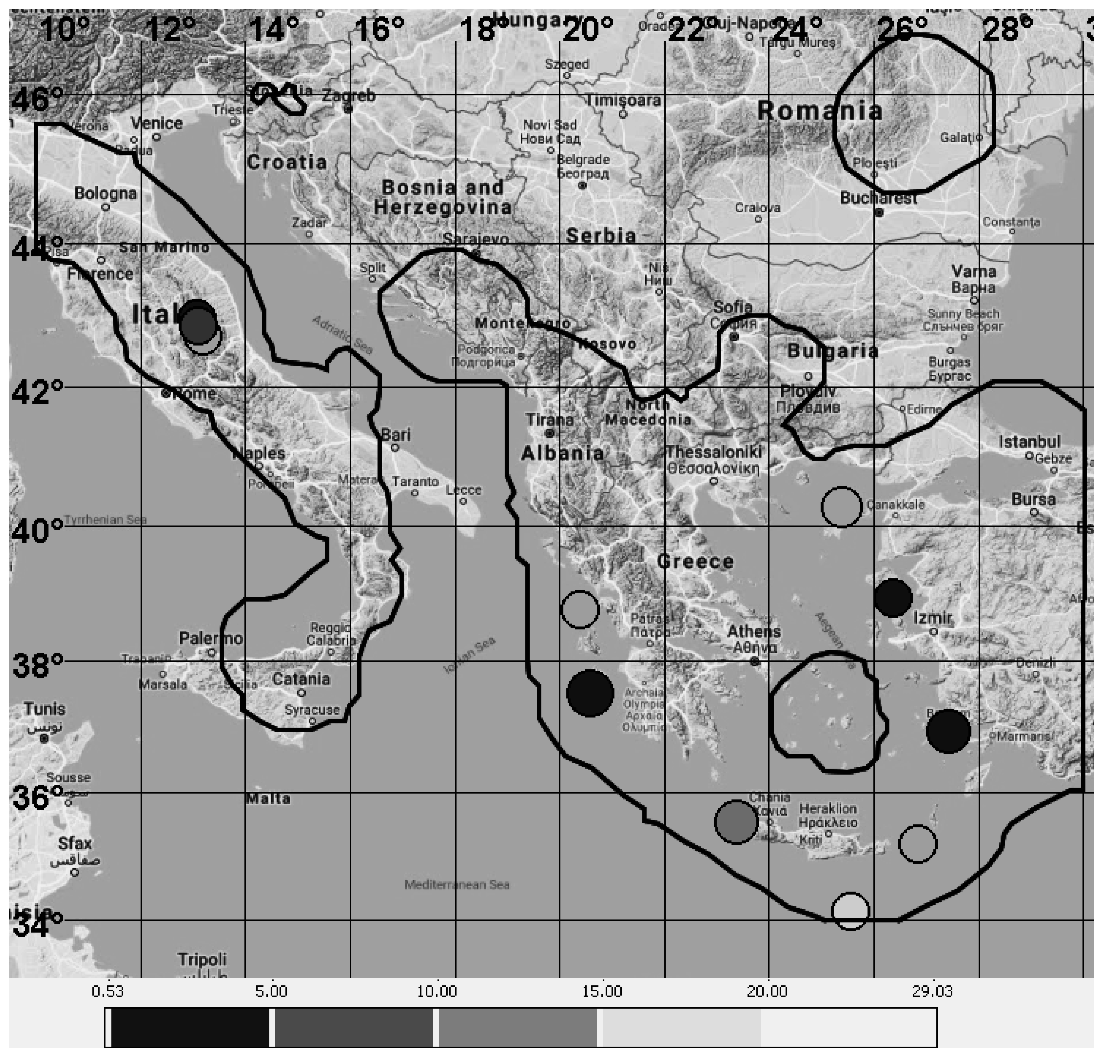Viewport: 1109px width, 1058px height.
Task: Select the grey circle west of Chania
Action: [736, 822]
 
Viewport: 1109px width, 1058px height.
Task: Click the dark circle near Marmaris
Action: [948, 731]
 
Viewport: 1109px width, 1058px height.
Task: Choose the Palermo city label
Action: [211, 638]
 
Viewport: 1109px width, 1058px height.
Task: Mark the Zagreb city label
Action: [349, 96]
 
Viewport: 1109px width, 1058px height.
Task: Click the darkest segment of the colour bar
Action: [189, 1028]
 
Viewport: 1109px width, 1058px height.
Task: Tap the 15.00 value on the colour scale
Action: [601, 991]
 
